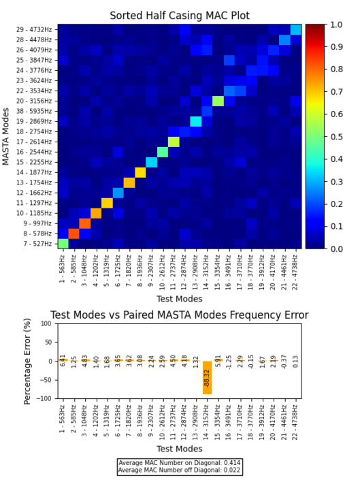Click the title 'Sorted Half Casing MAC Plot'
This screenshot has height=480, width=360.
pyautogui.click(x=180, y=16)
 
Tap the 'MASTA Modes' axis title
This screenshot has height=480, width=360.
pyautogui.click(x=6, y=136)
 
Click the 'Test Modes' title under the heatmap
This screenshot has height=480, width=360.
pyautogui.click(x=180, y=299)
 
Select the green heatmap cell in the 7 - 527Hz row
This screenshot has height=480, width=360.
pyautogui.click(x=63, y=244)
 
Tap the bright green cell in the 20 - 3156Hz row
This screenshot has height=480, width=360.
pyautogui.click(x=218, y=101)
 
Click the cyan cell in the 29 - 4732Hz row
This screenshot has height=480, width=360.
pyautogui.click(x=295, y=29)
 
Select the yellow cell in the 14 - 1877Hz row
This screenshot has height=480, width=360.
pyautogui.click(x=140, y=172)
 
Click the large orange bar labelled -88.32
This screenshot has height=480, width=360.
pyautogui.click(x=207, y=377)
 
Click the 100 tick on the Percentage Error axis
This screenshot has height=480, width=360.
pyautogui.click(x=48, y=324)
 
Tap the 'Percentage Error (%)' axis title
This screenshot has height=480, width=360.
pyautogui.click(x=29, y=361)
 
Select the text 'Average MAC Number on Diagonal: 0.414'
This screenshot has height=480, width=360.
pyautogui.click(x=179, y=463)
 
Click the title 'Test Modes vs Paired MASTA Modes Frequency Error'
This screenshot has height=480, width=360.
pyautogui.click(x=180, y=315)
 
